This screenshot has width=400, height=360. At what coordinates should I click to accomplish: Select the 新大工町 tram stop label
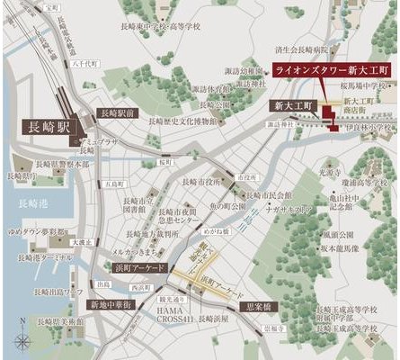click(x=292, y=105)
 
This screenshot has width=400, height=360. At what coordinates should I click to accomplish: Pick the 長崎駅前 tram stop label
click(x=117, y=113)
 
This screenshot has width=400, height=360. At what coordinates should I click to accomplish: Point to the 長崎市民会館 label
click(x=271, y=195)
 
